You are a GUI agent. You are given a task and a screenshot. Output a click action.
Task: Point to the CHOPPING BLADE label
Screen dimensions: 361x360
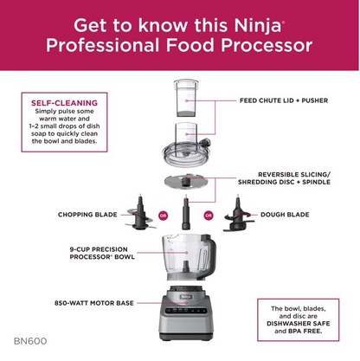(x=87, y=214)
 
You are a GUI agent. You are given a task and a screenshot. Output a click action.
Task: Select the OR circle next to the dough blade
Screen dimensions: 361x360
(x=208, y=215)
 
